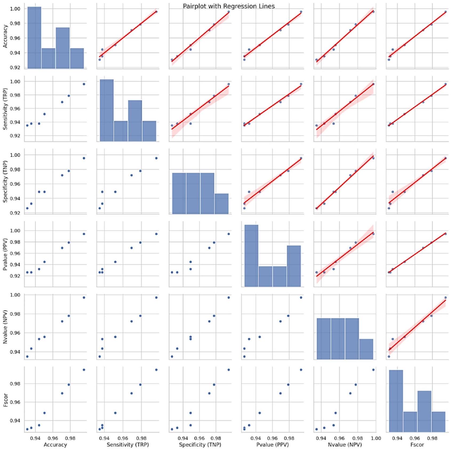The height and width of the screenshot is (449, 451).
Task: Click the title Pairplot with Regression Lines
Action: pyautogui.click(x=229, y=6)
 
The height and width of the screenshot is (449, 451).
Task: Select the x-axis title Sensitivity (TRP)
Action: pyautogui.click(x=127, y=445)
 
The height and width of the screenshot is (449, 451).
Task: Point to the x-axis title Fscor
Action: pyautogui.click(x=417, y=445)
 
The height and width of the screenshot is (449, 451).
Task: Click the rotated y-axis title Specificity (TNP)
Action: pyautogui.click(x=5, y=182)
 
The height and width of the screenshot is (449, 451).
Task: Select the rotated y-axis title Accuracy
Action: pyautogui.click(x=5, y=36)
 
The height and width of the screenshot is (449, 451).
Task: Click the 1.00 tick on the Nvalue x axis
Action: pyautogui.click(x=376, y=438)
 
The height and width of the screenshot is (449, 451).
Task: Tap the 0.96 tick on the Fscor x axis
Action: pyautogui.click(x=415, y=438)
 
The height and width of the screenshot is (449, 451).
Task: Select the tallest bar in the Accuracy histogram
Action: pyautogui.click(x=34, y=37)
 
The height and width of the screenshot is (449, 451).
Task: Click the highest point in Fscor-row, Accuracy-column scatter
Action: pyautogui.click(x=84, y=370)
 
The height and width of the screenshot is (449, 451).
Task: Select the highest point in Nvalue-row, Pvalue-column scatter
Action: pyautogui.click(x=301, y=297)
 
